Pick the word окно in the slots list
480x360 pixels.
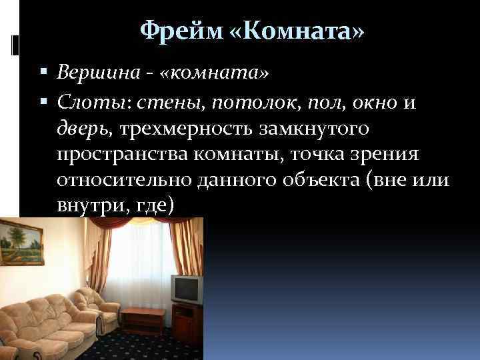(374, 102)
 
